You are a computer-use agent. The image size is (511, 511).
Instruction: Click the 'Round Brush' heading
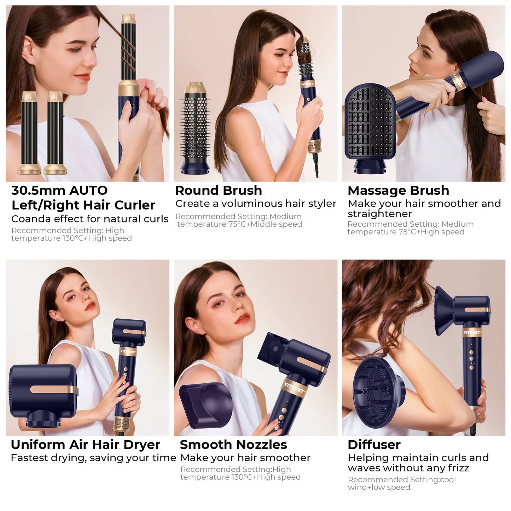point(219,191)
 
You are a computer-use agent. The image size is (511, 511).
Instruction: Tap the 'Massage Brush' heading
point(398,191)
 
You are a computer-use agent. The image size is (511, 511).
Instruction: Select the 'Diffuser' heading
point(374,445)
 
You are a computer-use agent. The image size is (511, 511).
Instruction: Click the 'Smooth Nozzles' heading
point(233,445)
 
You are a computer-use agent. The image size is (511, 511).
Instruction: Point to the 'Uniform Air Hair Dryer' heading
point(85,445)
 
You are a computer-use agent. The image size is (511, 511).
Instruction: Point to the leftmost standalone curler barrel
point(29,133)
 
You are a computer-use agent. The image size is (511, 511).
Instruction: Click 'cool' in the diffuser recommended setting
point(447,480)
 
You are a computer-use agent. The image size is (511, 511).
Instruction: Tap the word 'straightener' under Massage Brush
point(380,214)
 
